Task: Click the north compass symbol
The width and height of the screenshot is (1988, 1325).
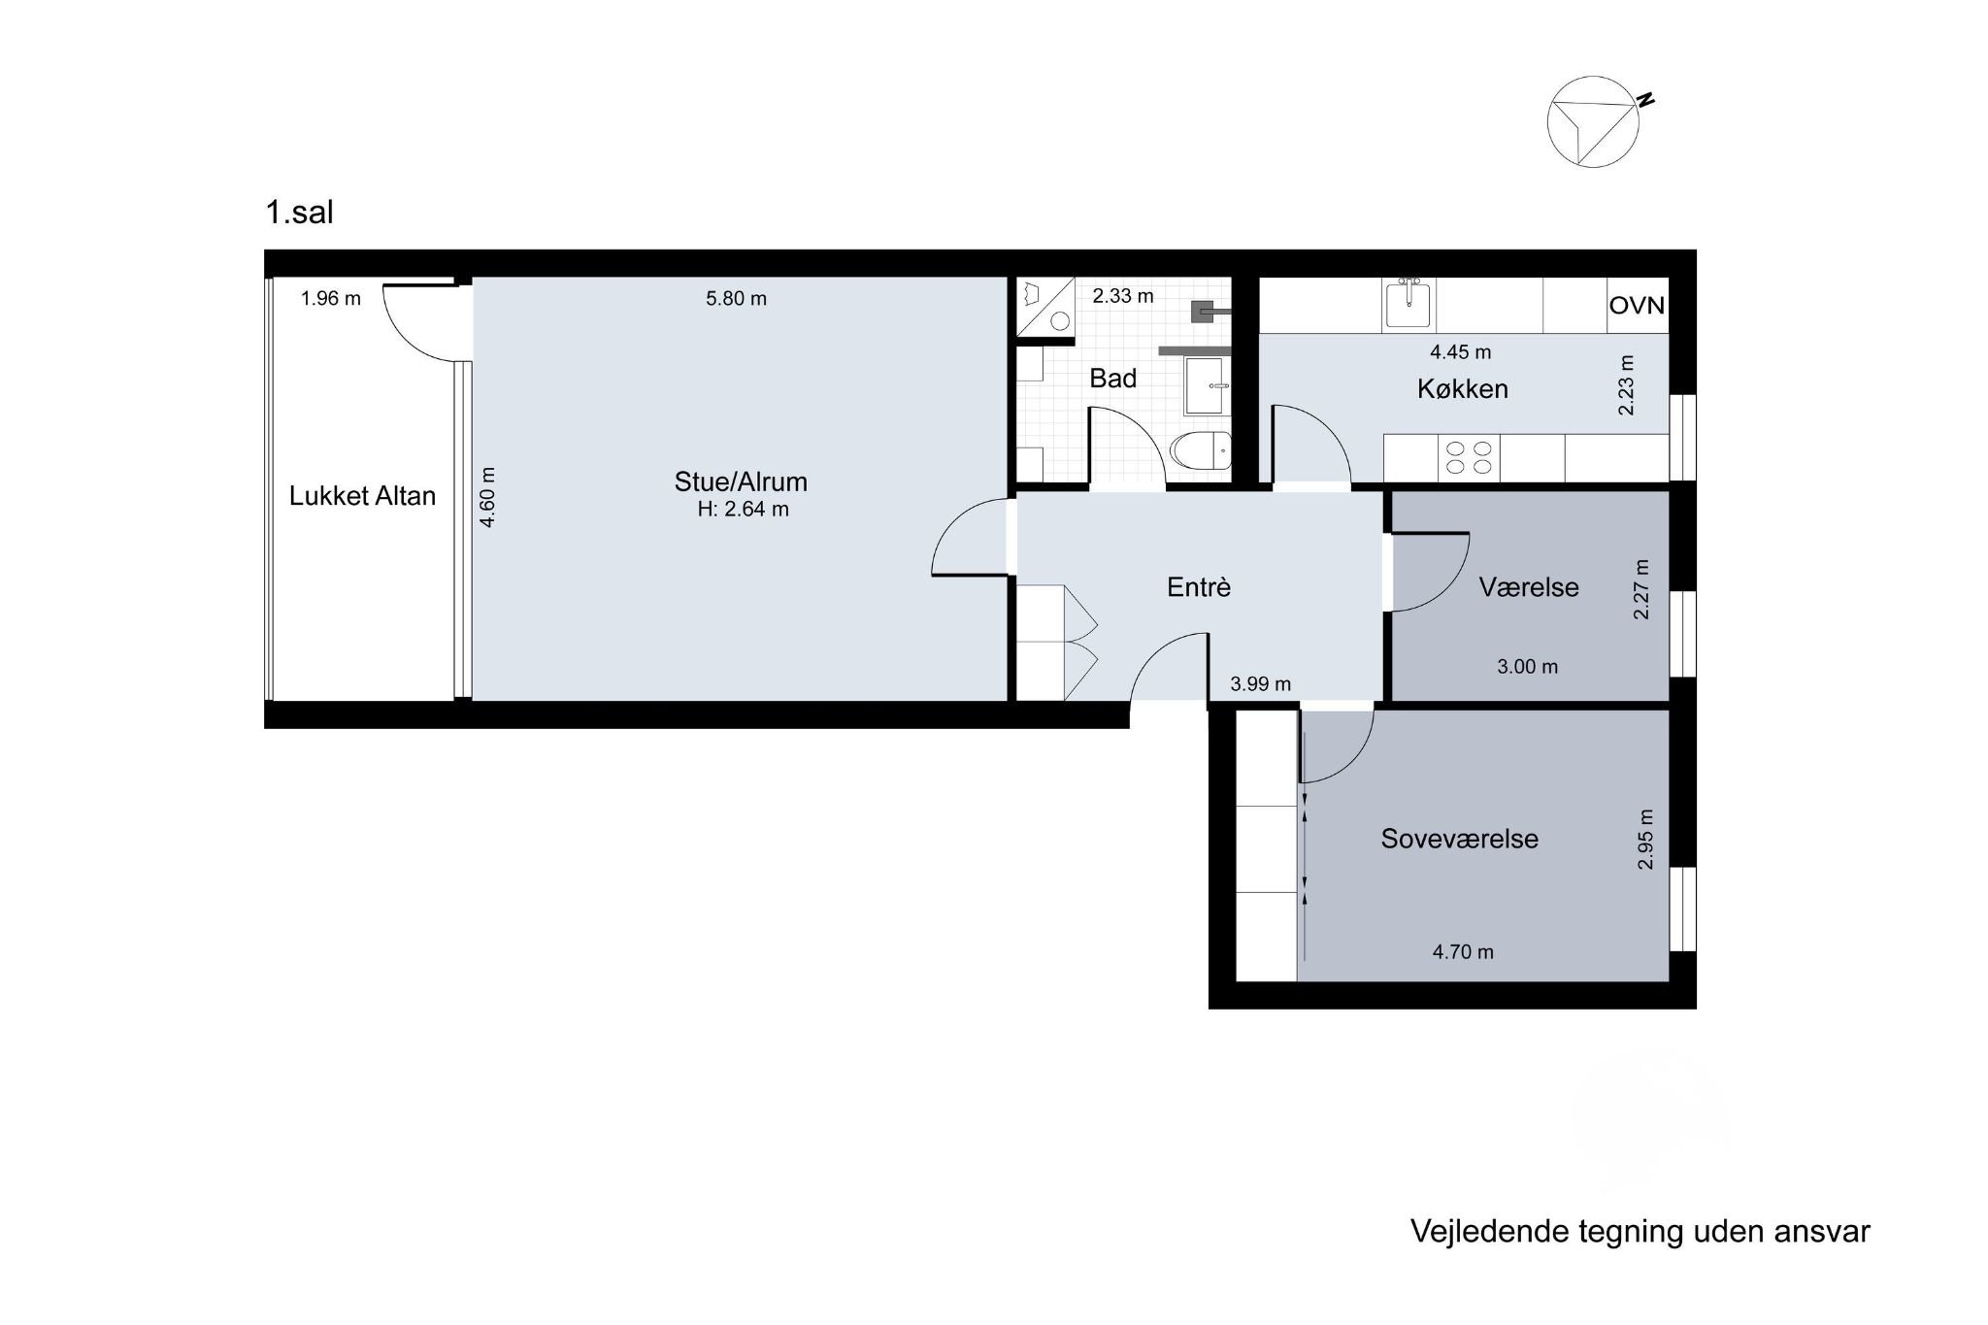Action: point(1595,121)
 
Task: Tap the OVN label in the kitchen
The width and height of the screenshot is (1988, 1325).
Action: point(1637,306)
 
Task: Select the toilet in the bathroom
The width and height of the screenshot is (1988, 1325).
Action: point(1201,450)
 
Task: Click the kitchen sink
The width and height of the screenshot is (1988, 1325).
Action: point(1408,303)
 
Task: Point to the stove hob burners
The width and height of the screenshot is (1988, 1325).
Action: point(1469,457)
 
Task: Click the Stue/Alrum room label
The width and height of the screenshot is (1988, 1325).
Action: point(741,481)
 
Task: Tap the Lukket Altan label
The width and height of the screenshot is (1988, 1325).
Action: point(362,496)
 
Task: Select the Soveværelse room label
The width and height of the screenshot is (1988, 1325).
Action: point(1459,839)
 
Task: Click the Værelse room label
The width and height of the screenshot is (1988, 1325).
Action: point(1529,587)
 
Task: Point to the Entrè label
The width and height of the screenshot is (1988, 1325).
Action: point(1199,587)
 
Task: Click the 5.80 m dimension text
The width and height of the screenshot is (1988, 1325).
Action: point(736,299)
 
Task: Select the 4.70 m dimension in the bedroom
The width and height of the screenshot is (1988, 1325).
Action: point(1463,952)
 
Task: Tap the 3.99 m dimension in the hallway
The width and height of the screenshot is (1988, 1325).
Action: point(1261,684)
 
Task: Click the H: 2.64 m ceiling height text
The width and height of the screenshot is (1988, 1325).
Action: point(743,509)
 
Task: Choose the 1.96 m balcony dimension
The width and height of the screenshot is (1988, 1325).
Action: point(331,299)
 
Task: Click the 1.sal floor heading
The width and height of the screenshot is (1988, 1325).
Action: point(299,213)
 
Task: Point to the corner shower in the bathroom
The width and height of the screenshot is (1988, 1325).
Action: point(1045,307)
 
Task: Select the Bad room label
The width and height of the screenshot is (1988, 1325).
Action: point(1112,379)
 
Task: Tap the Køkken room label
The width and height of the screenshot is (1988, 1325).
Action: point(1463,389)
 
